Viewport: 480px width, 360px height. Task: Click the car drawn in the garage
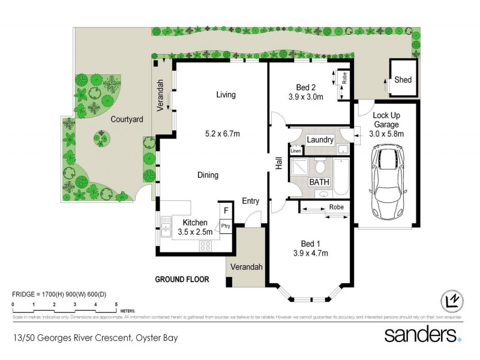387,182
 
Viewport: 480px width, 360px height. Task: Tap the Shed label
403,79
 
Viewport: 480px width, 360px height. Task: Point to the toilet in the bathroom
321,165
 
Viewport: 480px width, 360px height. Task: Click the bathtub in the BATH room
341,176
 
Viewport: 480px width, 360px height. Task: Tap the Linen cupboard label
296,151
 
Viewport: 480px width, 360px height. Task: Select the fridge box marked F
226,211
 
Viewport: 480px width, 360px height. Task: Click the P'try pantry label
226,226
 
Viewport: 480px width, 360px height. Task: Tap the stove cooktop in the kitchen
205,245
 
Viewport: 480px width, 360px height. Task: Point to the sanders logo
422,334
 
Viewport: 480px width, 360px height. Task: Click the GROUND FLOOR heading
181,280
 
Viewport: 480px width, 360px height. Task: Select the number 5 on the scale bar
116,305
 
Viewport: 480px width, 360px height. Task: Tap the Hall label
279,163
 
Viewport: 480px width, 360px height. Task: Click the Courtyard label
127,119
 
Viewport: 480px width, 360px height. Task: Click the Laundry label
320,140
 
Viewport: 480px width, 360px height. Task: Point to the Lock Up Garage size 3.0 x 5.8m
387,134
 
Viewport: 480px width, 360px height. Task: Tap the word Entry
251,201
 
